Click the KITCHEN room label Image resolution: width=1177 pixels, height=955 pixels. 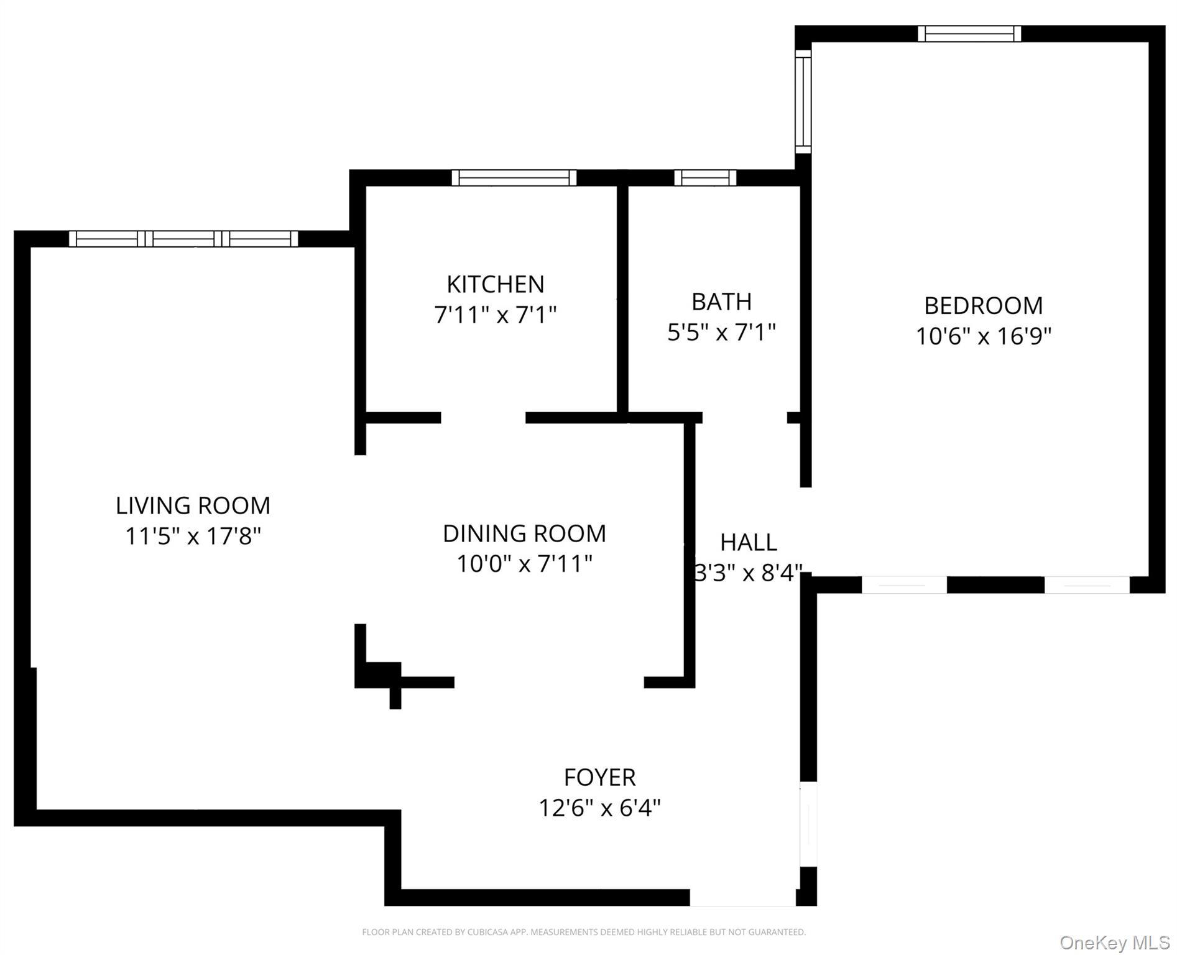[x=496, y=284]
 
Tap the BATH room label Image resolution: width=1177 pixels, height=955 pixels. [x=722, y=302]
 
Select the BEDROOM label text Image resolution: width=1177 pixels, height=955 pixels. [x=984, y=306]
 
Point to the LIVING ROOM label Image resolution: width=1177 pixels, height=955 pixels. [x=193, y=505]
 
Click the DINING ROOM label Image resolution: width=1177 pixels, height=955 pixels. [x=525, y=533]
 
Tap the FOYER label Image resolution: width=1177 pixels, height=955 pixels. [x=600, y=778]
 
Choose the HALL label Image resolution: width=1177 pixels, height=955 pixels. [x=749, y=543]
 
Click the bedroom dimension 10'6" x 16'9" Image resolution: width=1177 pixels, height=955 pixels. [x=984, y=336]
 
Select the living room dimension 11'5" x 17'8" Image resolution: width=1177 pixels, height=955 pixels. [x=193, y=536]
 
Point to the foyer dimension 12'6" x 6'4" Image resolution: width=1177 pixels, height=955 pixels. [x=600, y=808]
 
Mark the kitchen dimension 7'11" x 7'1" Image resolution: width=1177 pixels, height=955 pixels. [x=496, y=315]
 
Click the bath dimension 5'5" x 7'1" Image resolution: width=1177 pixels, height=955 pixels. [x=722, y=333]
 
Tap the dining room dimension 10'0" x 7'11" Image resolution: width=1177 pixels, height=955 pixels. [x=525, y=564]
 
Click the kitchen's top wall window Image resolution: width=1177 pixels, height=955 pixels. [x=514, y=178]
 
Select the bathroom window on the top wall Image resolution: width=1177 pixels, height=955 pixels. [x=706, y=178]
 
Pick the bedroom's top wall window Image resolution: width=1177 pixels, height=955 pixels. [x=970, y=34]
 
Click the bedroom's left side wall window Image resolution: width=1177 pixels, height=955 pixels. [x=804, y=101]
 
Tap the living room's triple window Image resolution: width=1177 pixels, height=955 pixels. [x=183, y=239]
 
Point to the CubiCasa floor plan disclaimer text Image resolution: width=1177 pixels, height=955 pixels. [x=584, y=932]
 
